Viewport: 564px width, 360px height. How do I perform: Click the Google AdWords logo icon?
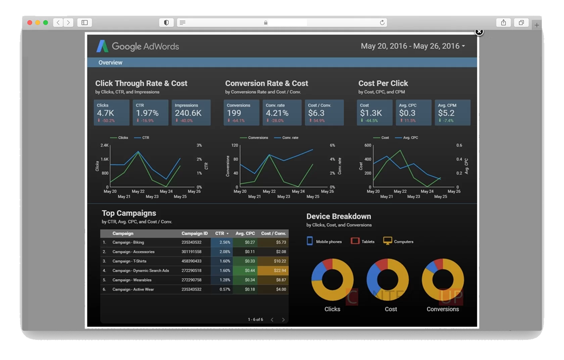[102, 46]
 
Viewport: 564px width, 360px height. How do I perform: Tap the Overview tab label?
[110, 63]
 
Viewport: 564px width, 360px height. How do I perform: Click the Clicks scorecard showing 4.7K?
[111, 113]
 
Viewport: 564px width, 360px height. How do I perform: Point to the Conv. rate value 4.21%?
[278, 113]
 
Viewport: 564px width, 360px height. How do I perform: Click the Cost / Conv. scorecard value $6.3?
[316, 113]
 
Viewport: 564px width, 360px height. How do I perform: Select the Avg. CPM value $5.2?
[446, 113]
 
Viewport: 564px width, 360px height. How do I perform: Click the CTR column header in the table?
[220, 233]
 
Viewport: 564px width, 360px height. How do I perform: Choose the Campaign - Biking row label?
[128, 243]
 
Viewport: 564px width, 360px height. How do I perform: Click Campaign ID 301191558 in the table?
[191, 252]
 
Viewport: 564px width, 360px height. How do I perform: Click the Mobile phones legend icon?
[310, 241]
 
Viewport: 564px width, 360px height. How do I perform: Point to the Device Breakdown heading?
[338, 217]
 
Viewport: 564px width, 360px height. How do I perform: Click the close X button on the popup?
[479, 32]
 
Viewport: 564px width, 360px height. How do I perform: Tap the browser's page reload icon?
[382, 22]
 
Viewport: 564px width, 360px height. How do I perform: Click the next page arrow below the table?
[283, 320]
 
